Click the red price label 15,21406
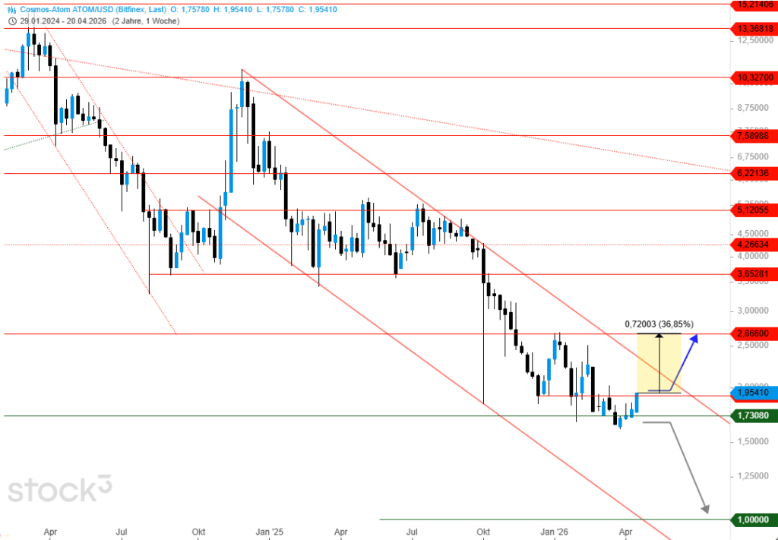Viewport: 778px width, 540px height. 753,5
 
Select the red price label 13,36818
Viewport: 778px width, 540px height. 753,29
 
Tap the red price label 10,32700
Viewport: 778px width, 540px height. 753,77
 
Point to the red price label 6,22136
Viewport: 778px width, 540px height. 753,174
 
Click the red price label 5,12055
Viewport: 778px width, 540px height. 753,210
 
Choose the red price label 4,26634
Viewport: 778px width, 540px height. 753,245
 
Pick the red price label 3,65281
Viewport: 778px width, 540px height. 753,273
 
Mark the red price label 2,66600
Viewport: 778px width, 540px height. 753,333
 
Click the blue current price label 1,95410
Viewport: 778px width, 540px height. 753,393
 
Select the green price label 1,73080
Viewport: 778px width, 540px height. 753,415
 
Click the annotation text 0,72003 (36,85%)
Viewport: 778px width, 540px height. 659,324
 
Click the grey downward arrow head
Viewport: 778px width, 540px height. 707,510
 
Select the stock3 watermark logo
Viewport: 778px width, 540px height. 59,489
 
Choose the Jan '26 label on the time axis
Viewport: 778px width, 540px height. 558,532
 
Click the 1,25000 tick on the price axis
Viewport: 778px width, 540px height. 752,475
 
